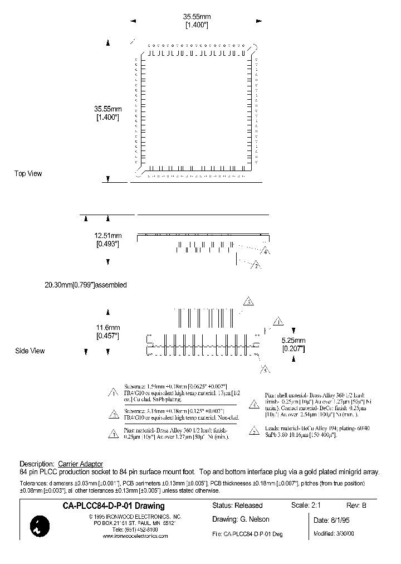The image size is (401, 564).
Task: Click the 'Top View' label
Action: click(28, 173)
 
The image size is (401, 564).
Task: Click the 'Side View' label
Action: click(29, 351)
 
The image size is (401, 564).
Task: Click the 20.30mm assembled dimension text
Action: click(86, 285)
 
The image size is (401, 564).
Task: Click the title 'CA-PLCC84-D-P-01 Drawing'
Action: click(114, 506)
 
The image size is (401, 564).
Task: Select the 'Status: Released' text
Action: click(237, 505)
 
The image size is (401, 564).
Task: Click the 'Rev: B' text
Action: click(356, 505)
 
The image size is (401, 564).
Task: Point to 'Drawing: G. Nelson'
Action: click(241, 519)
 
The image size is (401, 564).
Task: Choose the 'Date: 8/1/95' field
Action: click(333, 521)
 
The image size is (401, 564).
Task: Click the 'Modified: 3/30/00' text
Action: click(334, 533)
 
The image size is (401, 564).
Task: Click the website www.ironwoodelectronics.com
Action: click(135, 536)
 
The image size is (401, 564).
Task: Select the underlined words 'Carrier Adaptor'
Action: click(80, 464)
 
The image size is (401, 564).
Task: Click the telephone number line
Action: click(135, 529)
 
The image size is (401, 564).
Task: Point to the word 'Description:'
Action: click(37, 464)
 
